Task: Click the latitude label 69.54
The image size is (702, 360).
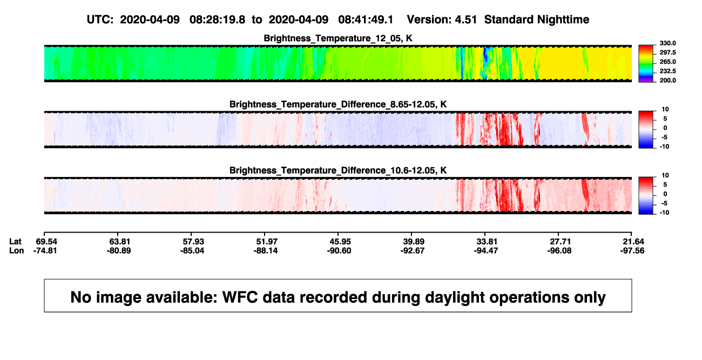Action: tap(46, 242)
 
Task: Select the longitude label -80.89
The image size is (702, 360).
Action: tap(119, 250)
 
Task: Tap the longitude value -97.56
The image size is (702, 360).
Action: tap(632, 250)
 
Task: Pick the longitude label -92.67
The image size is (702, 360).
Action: tap(413, 250)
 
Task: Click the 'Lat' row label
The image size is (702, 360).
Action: tap(15, 242)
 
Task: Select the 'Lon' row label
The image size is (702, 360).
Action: tap(17, 250)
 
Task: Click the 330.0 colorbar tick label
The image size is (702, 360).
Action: tap(667, 43)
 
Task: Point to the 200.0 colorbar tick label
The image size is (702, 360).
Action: tap(667, 80)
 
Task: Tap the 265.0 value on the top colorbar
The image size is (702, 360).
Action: tap(667, 62)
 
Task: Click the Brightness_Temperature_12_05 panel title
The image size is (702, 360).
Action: tap(338, 38)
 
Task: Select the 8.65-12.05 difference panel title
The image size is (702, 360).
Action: tap(338, 104)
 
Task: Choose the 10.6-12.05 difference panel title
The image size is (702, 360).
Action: tap(338, 171)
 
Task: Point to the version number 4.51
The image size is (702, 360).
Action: tap(466, 20)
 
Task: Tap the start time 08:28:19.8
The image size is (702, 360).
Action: tap(217, 20)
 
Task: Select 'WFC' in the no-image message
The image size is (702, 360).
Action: tap(240, 297)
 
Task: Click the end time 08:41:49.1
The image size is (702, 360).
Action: tap(366, 20)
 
